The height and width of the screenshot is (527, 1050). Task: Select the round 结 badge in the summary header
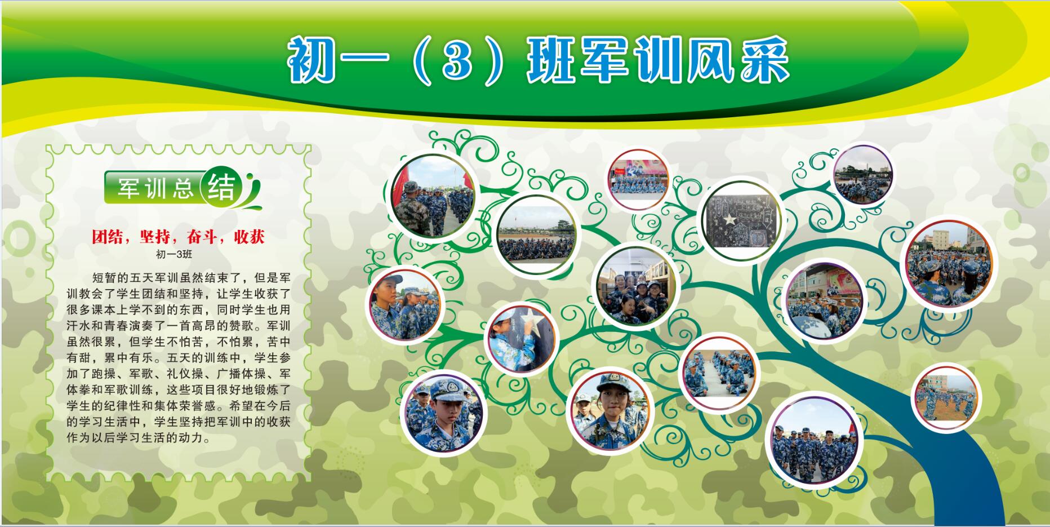(x=221, y=187)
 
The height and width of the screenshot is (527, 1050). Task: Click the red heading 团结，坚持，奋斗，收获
(x=178, y=236)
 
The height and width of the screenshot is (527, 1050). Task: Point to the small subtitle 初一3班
(x=174, y=254)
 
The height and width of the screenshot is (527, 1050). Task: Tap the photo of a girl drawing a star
(x=522, y=338)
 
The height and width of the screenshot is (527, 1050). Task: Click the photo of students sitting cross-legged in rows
(x=719, y=373)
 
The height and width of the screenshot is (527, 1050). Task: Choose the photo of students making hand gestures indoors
(x=636, y=287)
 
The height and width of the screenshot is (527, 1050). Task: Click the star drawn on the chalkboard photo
(x=731, y=219)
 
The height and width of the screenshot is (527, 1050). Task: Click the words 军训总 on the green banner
(x=155, y=188)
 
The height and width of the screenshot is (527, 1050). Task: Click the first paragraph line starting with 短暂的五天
(x=192, y=278)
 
